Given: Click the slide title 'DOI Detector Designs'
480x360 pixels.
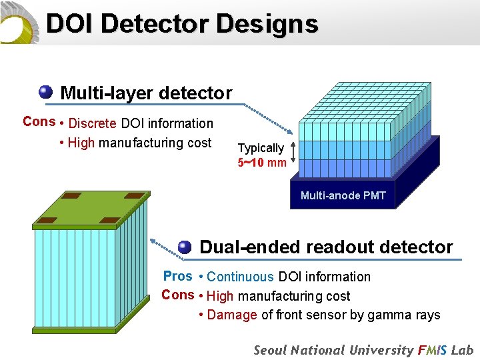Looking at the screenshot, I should [x=182, y=24].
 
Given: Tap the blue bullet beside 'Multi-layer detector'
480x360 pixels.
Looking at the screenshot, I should [x=45, y=91].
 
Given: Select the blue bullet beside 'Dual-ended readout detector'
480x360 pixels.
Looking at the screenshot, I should [x=185, y=247].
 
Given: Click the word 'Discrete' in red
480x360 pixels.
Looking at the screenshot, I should [x=93, y=123].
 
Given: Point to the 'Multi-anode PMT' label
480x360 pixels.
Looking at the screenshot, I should [x=343, y=195].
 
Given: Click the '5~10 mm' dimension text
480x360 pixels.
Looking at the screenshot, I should [x=262, y=162].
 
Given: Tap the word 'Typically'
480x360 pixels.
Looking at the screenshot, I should [x=261, y=148].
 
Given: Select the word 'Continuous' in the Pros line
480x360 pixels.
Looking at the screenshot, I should [x=240, y=277].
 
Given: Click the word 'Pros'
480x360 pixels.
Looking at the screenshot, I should [x=177, y=276].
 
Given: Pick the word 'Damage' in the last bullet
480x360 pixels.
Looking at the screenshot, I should [x=232, y=315].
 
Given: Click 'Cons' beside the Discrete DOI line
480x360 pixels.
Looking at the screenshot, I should [x=39, y=121].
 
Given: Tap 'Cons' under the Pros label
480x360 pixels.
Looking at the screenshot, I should [x=177, y=295].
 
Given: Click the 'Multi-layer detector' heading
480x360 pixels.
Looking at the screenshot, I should [x=146, y=93].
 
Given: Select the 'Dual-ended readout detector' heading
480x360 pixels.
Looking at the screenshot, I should [x=326, y=247].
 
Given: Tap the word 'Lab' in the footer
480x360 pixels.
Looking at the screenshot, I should [x=462, y=350].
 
